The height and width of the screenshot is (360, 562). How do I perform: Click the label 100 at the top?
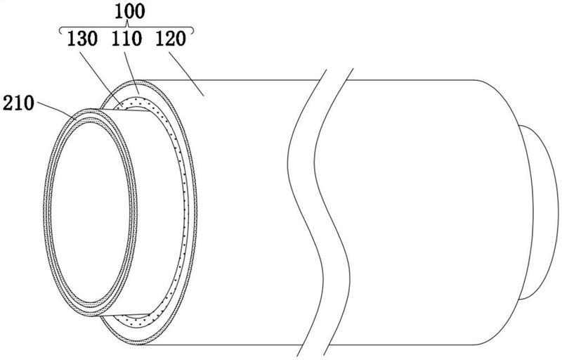point(130,11)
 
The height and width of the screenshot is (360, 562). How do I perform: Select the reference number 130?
point(82,39)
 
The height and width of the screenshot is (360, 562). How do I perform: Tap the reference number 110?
point(126,39)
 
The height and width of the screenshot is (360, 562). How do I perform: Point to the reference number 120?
point(171,39)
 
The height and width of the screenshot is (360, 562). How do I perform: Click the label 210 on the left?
point(18,103)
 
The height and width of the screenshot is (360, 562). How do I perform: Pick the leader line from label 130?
point(100,80)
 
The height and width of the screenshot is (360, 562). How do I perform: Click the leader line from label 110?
point(131,73)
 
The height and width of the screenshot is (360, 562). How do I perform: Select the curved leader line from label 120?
point(186,73)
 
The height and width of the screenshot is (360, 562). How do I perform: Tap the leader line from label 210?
point(57,111)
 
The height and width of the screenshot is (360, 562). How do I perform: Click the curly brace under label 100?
point(126,28)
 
